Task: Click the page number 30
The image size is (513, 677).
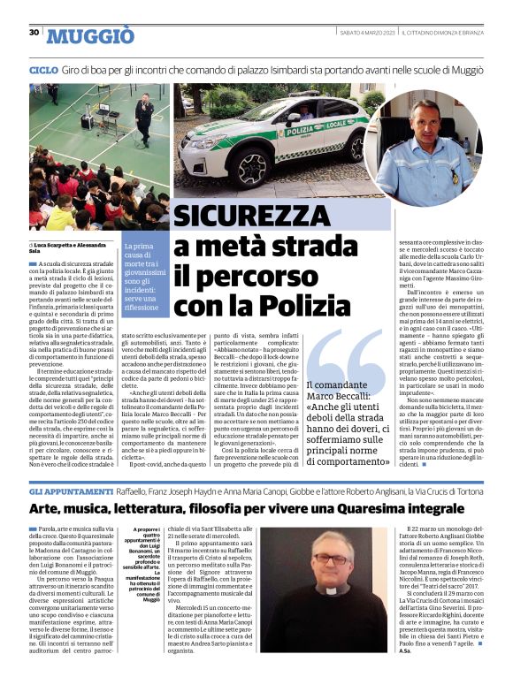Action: tap(34, 33)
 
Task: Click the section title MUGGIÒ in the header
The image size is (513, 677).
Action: tap(90, 35)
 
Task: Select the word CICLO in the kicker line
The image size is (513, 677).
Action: tap(43, 69)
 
